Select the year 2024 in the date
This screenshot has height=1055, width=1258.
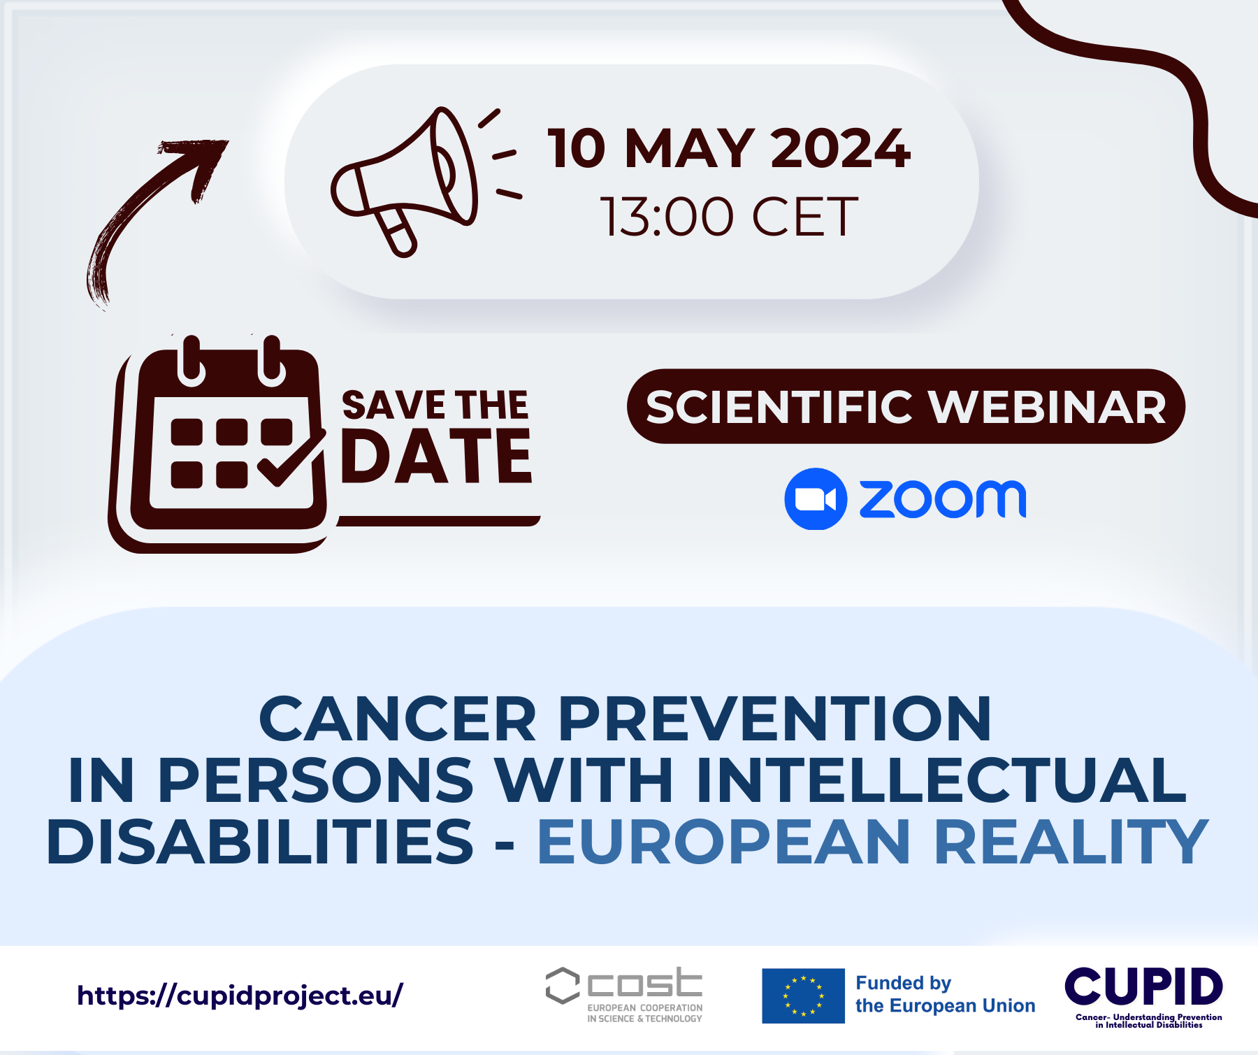[x=840, y=148]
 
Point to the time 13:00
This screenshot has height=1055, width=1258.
[x=667, y=217]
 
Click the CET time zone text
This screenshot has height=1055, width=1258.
[x=804, y=217]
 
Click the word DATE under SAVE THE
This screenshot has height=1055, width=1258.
[x=436, y=457]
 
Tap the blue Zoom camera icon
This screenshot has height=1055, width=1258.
[x=816, y=499]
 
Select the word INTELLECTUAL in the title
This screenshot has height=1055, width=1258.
[x=941, y=780]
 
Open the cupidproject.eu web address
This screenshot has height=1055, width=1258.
[x=240, y=995]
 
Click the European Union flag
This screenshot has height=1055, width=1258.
[x=803, y=996]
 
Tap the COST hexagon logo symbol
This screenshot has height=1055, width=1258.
[x=563, y=985]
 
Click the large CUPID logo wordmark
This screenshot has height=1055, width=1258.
[x=1143, y=986]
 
